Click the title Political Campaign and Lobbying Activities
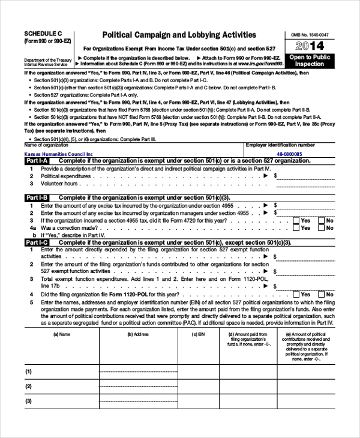tap(179, 35)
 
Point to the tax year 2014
tap(310, 46)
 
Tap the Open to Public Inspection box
tap(310, 60)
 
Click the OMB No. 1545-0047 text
tap(310, 35)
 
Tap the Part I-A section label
tap(37, 161)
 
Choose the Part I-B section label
tap(37, 197)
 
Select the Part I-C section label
tap(37, 242)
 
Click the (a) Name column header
tap(61, 334)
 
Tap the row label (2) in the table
tap(28, 386)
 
